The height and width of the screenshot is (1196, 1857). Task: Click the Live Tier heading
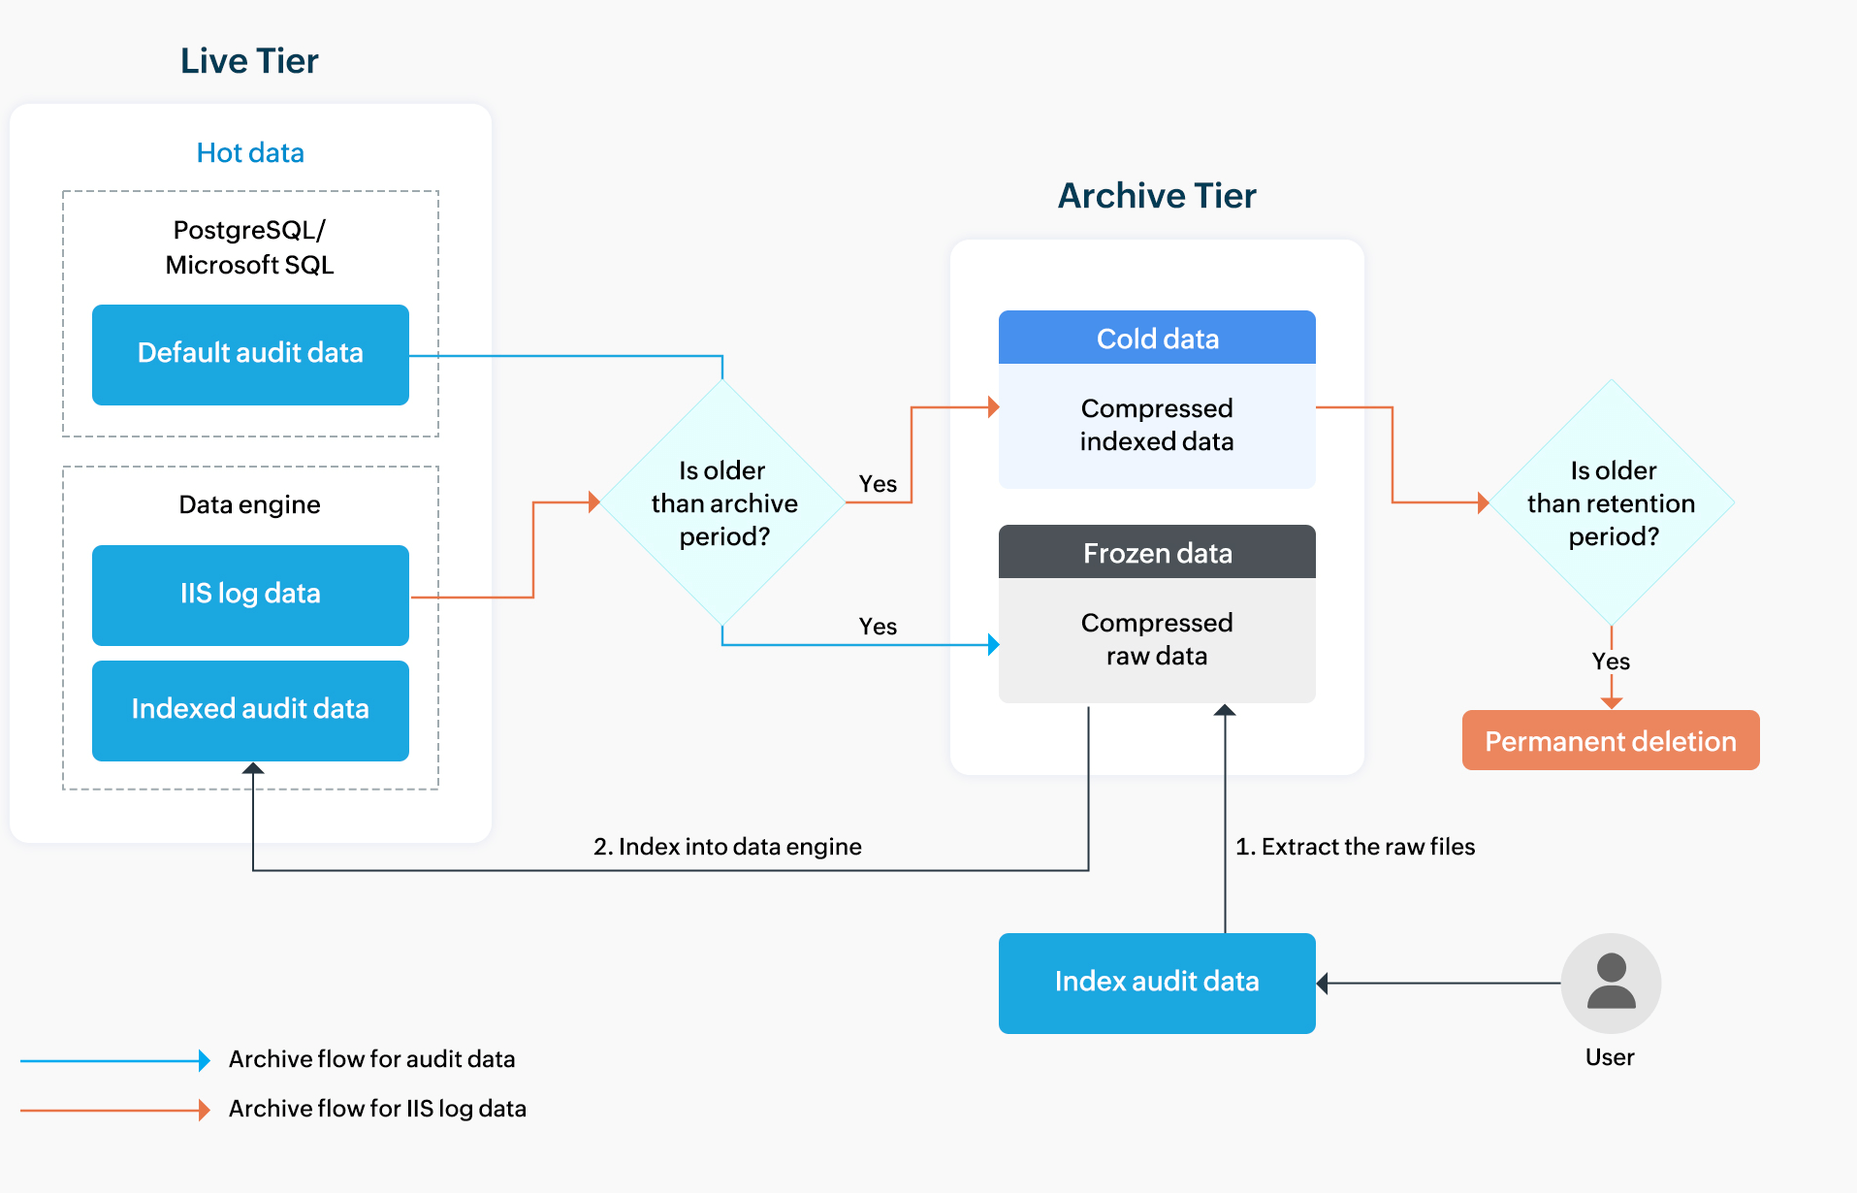(x=249, y=61)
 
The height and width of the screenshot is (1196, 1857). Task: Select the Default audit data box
(x=250, y=354)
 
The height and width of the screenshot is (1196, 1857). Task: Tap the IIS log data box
(x=250, y=594)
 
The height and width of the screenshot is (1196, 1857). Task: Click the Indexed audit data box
(x=250, y=709)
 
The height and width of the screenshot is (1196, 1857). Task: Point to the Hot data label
(x=250, y=152)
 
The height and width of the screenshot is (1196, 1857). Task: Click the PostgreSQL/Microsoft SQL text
(x=250, y=247)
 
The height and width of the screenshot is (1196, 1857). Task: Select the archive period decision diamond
(x=723, y=502)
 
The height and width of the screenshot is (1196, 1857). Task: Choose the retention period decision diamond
(x=1612, y=502)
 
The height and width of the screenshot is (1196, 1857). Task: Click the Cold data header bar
(x=1157, y=339)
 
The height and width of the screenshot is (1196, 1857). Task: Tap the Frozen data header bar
(x=1157, y=553)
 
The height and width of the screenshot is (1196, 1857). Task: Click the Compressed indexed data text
(x=1157, y=425)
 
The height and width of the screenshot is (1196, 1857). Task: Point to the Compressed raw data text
(x=1157, y=639)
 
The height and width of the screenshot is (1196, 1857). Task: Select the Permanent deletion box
(x=1610, y=741)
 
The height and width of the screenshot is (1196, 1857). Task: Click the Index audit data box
(x=1157, y=982)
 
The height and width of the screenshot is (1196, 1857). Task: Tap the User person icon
(x=1611, y=983)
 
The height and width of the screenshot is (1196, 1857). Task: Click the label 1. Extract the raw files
(x=1355, y=847)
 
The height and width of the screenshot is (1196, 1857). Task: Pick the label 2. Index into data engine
(x=727, y=847)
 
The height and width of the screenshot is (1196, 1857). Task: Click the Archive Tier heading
(x=1157, y=196)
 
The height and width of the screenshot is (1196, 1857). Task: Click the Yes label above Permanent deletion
(x=1611, y=662)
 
